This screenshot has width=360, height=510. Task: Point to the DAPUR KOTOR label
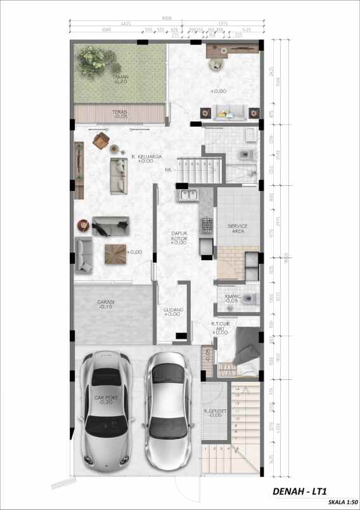click(x=179, y=236)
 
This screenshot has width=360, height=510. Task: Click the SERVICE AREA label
click(x=238, y=229)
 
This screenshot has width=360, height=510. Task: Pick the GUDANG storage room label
click(x=173, y=311)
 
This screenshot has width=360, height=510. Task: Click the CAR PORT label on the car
click(x=105, y=399)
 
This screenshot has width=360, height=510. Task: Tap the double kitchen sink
click(x=188, y=194)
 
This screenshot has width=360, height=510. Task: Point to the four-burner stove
click(x=207, y=225)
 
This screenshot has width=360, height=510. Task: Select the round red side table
click(x=82, y=225)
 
